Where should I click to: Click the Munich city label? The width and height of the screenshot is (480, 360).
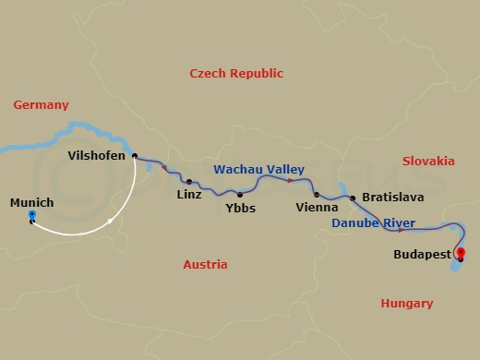31,202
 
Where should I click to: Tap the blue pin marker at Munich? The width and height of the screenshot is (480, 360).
32,218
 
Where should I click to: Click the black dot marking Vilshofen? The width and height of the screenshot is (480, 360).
135,156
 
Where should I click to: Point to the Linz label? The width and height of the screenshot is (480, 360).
190,196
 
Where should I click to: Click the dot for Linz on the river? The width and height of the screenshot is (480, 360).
188,182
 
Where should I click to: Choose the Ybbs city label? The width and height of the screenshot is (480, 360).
240,208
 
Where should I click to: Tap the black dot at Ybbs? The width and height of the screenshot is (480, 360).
240,194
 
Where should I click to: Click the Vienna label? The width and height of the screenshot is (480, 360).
312,209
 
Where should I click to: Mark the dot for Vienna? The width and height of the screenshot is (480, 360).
316,195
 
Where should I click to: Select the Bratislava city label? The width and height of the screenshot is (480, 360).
393,198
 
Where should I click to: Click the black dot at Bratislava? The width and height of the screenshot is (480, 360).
353,198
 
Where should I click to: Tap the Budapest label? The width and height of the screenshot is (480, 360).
421,253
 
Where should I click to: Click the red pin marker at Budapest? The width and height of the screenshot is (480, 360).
461,254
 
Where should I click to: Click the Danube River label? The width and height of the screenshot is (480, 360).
373,222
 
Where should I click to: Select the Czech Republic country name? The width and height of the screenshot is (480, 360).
236,73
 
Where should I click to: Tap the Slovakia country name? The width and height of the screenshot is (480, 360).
428,161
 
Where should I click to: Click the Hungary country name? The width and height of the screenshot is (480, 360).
407,303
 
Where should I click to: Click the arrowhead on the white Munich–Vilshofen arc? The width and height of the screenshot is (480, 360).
111,222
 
